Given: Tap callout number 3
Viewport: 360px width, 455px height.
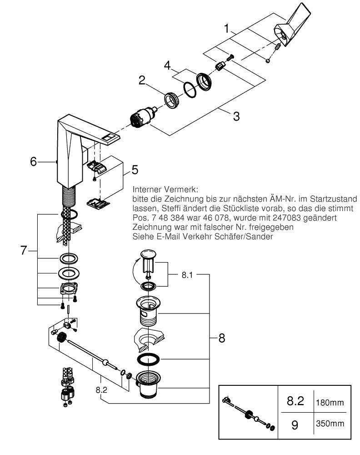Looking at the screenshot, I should click(236, 116).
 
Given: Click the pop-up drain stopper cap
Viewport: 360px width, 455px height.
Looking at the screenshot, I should click(148, 253).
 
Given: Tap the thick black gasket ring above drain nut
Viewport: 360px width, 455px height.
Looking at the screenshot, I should click(148, 359).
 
